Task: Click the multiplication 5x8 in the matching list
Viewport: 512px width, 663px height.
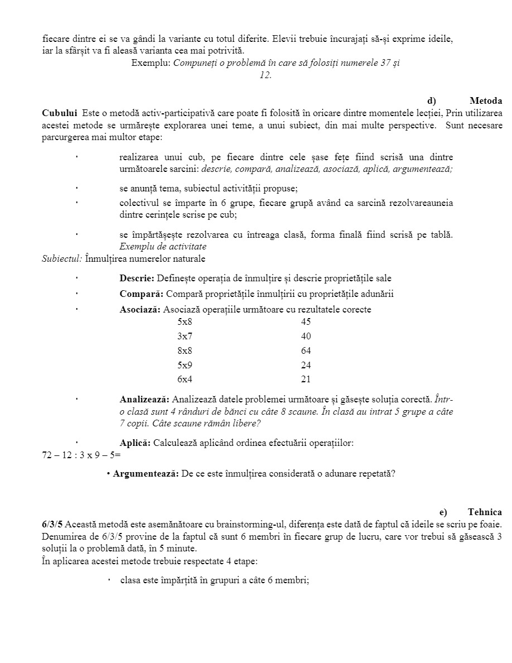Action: pos(185,322)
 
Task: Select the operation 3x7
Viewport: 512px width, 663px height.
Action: pos(185,337)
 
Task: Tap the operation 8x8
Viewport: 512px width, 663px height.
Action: pos(185,351)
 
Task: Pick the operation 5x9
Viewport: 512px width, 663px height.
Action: pos(185,366)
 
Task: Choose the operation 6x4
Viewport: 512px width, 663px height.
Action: pos(185,380)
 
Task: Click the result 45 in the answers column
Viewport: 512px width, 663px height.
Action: pos(306,322)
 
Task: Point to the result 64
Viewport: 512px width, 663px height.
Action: pos(306,351)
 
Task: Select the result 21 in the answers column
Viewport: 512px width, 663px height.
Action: pos(306,380)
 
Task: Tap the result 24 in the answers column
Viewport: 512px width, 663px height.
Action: pos(306,366)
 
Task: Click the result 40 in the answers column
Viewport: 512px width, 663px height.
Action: pos(306,337)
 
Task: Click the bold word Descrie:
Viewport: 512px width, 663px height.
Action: pos(137,278)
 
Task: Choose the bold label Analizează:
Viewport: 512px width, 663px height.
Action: pos(144,400)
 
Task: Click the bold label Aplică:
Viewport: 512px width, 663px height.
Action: pos(135,443)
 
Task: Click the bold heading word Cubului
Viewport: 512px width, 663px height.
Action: pos(59,113)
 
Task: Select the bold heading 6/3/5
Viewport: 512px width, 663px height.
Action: pos(52,525)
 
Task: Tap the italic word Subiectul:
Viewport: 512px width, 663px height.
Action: pos(62,259)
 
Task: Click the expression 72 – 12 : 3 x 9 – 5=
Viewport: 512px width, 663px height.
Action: pos(81,455)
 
